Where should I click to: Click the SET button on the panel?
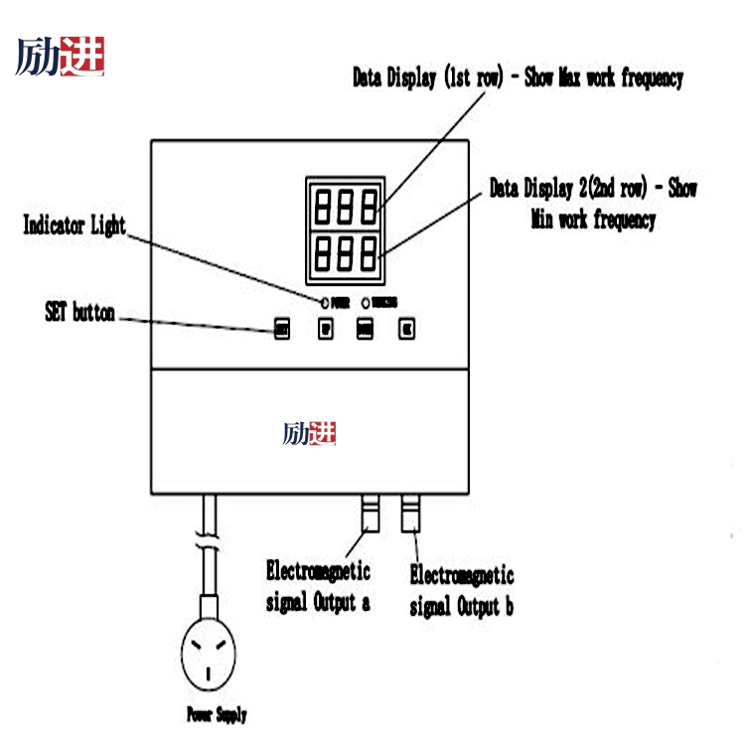(283, 330)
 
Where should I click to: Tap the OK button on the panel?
(405, 330)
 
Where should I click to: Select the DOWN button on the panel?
(365, 330)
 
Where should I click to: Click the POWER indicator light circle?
(324, 301)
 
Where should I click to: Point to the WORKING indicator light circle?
(366, 301)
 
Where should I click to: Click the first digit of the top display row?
(324, 206)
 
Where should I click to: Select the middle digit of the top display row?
(347, 206)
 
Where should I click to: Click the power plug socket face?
(210, 657)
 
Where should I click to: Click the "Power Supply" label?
(217, 714)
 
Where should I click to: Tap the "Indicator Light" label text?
(74, 225)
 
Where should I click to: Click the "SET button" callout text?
(79, 313)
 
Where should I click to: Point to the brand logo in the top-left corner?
(61, 57)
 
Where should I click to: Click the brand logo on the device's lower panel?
(309, 433)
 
